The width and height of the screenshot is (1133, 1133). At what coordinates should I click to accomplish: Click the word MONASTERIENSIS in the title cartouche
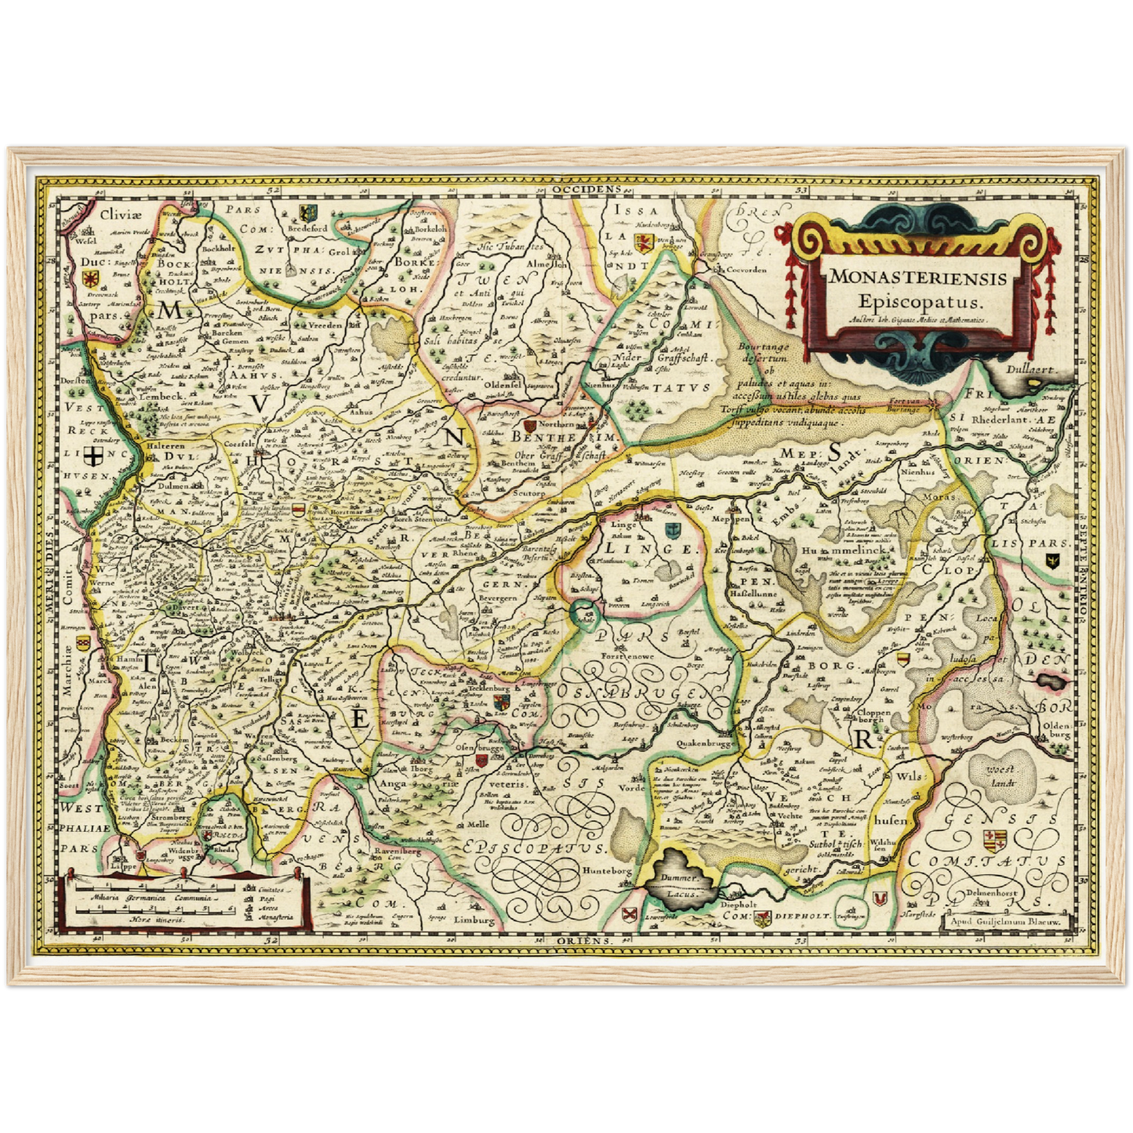click(x=917, y=277)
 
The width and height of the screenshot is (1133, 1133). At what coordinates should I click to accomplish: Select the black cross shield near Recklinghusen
click(x=93, y=457)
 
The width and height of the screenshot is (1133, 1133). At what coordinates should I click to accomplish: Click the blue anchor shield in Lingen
click(x=671, y=529)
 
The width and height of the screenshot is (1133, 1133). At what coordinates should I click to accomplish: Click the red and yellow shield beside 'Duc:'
click(x=91, y=278)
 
